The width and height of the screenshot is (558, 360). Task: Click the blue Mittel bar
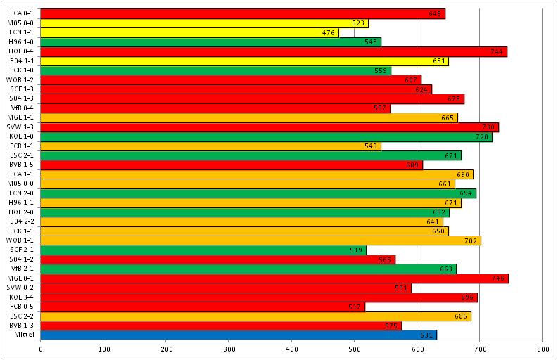[x=239, y=335]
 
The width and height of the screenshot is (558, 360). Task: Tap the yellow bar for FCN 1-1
[x=189, y=32]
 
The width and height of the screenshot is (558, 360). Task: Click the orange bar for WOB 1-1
[x=260, y=240]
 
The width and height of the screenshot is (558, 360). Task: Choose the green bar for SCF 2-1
[x=203, y=250]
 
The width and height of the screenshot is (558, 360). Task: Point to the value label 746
[x=499, y=278]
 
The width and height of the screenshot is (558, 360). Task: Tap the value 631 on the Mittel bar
[x=426, y=335]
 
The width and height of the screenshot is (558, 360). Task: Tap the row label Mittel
[x=24, y=335]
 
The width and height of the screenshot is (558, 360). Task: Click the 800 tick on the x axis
[x=542, y=348]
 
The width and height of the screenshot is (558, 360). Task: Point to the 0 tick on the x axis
[x=41, y=348]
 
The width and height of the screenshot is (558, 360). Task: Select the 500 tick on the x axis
[x=354, y=348]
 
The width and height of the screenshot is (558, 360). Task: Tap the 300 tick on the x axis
[x=229, y=348]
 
